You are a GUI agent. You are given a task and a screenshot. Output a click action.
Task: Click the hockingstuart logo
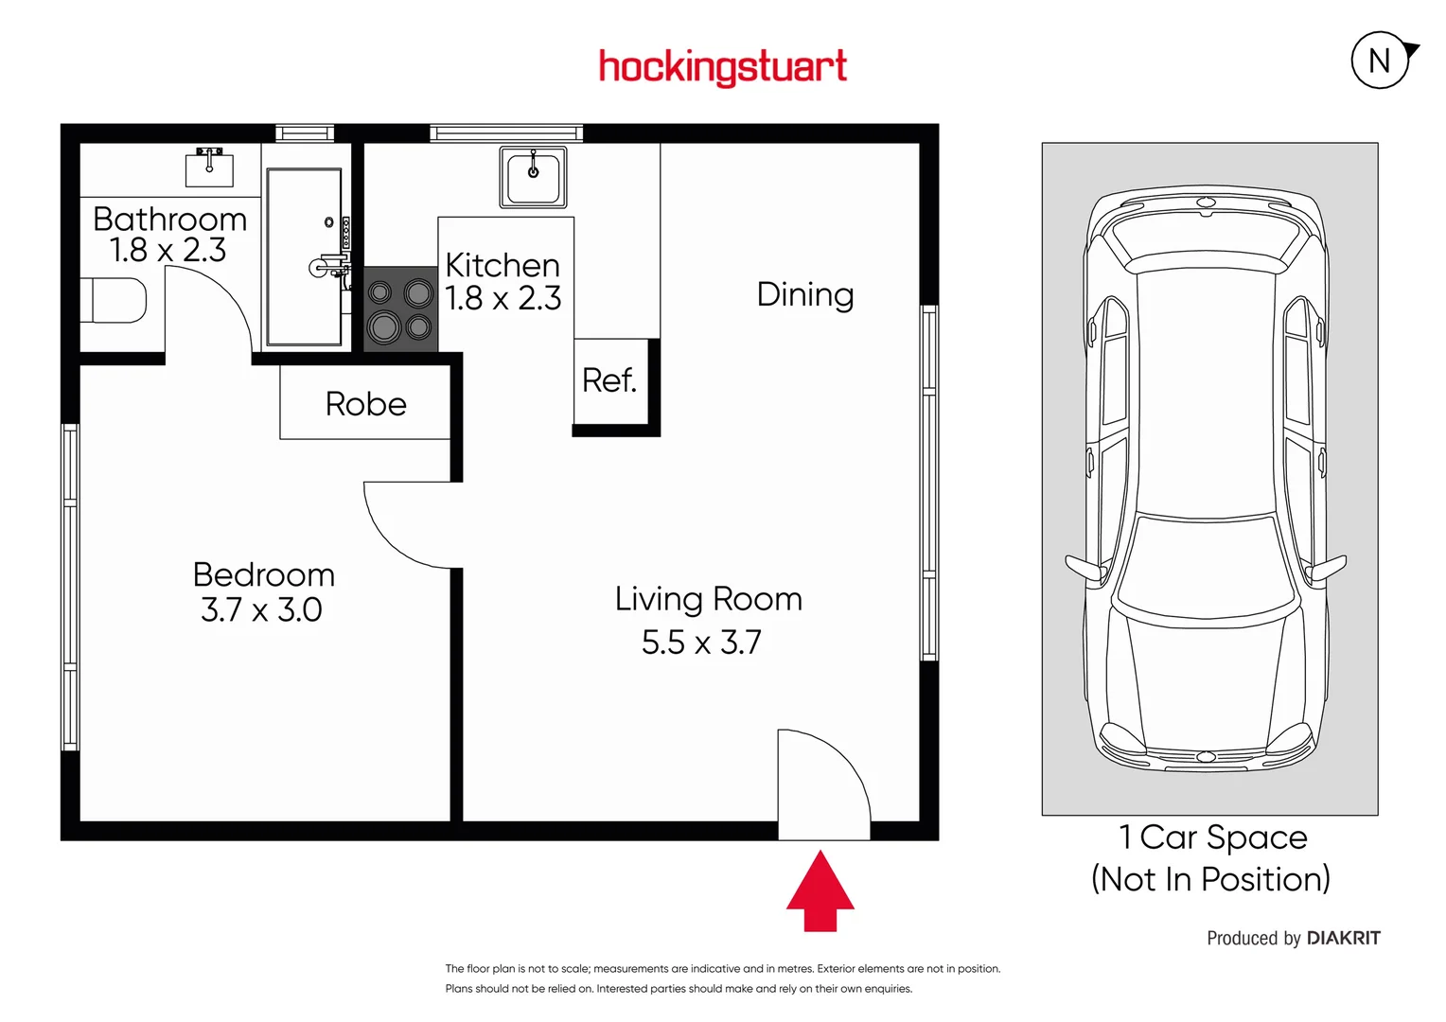(x=723, y=67)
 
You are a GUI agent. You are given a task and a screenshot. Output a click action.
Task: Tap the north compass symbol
(x=1381, y=61)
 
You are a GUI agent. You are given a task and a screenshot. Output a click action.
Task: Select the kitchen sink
(x=533, y=177)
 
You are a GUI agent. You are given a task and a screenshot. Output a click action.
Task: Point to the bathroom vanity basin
(x=209, y=167)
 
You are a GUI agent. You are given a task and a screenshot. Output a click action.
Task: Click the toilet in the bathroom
(x=114, y=301)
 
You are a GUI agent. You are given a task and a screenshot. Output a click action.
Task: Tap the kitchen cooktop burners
(x=400, y=309)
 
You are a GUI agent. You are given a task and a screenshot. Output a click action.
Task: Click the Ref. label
(x=609, y=380)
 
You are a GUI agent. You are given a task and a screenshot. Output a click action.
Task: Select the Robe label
(x=365, y=404)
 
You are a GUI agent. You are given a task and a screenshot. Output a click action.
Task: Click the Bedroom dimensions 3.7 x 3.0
(x=261, y=610)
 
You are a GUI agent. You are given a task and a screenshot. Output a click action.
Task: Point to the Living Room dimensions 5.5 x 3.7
(x=701, y=643)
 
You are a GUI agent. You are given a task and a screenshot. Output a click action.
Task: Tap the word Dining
(x=805, y=294)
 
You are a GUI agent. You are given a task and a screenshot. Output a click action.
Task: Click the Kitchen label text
(x=503, y=265)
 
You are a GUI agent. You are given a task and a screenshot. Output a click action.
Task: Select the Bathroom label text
(x=170, y=220)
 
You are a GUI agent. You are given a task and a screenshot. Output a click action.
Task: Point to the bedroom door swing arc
(x=402, y=530)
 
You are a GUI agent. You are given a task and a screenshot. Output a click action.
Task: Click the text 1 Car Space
(x=1212, y=837)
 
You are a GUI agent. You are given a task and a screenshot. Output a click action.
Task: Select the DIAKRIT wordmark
(x=1343, y=938)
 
